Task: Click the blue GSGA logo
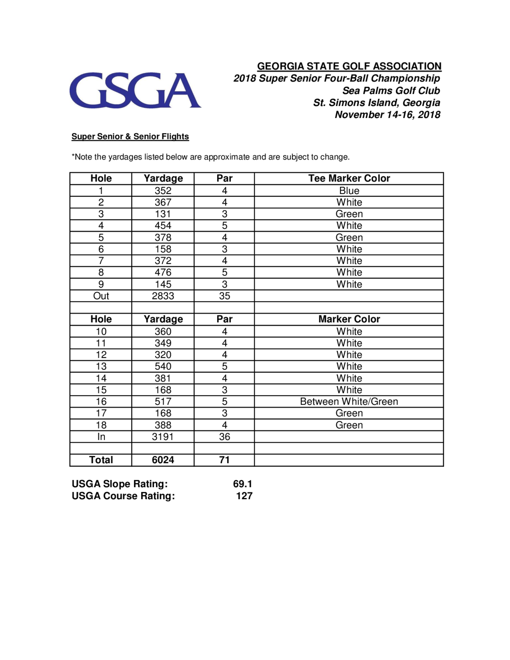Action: pyautogui.click(x=135, y=90)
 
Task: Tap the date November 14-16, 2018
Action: pyautogui.click(x=387, y=115)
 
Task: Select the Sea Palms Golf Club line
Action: pyautogui.click(x=391, y=91)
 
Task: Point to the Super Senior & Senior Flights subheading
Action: pyautogui.click(x=130, y=137)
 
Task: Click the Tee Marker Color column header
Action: pyautogui.click(x=349, y=178)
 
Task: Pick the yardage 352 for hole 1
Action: pyautogui.click(x=163, y=191)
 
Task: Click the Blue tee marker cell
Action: pyautogui.click(x=349, y=191)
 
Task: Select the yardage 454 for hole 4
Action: pyautogui.click(x=163, y=225)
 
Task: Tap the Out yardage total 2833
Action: pyautogui.click(x=163, y=296)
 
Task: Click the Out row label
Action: pyautogui.click(x=101, y=296)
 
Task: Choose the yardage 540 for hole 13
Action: pyautogui.click(x=163, y=366)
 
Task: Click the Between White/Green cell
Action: pyautogui.click(x=349, y=401)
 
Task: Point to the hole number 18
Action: pyautogui.click(x=101, y=425)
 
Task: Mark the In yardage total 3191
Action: pyautogui.click(x=163, y=437)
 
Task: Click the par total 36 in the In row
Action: pyautogui.click(x=224, y=437)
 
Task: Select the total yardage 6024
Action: pyautogui.click(x=163, y=460)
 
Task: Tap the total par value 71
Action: pyautogui.click(x=224, y=460)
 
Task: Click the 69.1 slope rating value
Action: pyautogui.click(x=242, y=484)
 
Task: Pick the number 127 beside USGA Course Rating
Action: pyautogui.click(x=244, y=496)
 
